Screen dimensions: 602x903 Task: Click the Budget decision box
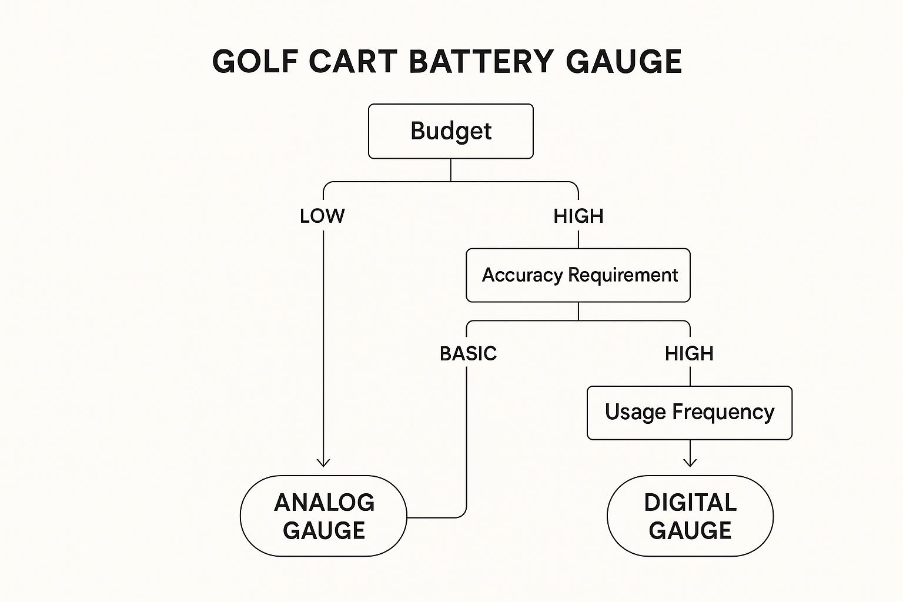[451, 131]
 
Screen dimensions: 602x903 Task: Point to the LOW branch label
[322, 216]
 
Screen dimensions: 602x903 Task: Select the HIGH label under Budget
[578, 216]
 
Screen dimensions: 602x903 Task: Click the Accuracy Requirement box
[578, 275]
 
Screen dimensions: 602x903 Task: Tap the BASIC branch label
[468, 354]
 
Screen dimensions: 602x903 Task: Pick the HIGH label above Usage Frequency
[689, 354]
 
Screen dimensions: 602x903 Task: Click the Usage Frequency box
[690, 413]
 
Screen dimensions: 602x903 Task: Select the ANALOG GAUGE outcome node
[323, 516]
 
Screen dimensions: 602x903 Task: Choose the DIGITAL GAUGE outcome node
[690, 516]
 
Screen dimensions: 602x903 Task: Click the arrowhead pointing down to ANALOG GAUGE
[323, 463]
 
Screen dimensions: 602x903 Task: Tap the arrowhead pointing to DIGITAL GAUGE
[690, 461]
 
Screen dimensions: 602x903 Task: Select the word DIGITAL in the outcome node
[690, 503]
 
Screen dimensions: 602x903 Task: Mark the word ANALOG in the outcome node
[324, 503]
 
